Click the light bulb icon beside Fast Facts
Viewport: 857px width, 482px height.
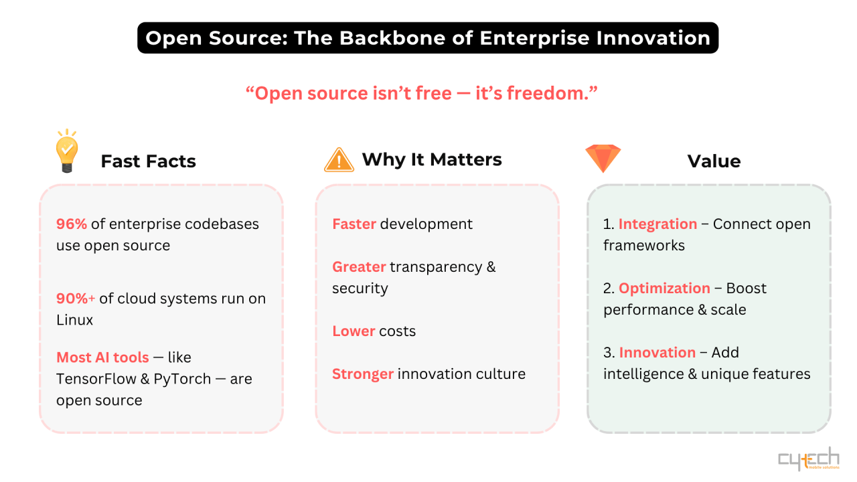(67, 151)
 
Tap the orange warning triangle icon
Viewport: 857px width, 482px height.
(339, 160)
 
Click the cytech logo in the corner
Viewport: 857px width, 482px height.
(809, 459)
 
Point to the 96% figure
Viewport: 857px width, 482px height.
(72, 224)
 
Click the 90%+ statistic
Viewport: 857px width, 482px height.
(76, 299)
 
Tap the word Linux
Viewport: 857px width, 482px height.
(74, 320)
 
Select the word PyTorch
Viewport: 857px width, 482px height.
(182, 379)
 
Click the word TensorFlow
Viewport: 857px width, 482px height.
(96, 379)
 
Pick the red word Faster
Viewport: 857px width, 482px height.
(354, 224)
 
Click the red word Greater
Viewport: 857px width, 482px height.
(359, 267)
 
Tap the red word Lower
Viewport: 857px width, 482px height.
(354, 331)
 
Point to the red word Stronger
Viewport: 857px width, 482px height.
(363, 374)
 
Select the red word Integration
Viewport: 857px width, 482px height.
(657, 224)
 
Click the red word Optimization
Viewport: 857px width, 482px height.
(664, 289)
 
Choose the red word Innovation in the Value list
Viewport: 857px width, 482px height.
(657, 353)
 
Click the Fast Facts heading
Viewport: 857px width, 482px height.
(149, 161)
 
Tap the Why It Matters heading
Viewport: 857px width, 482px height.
(432, 159)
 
